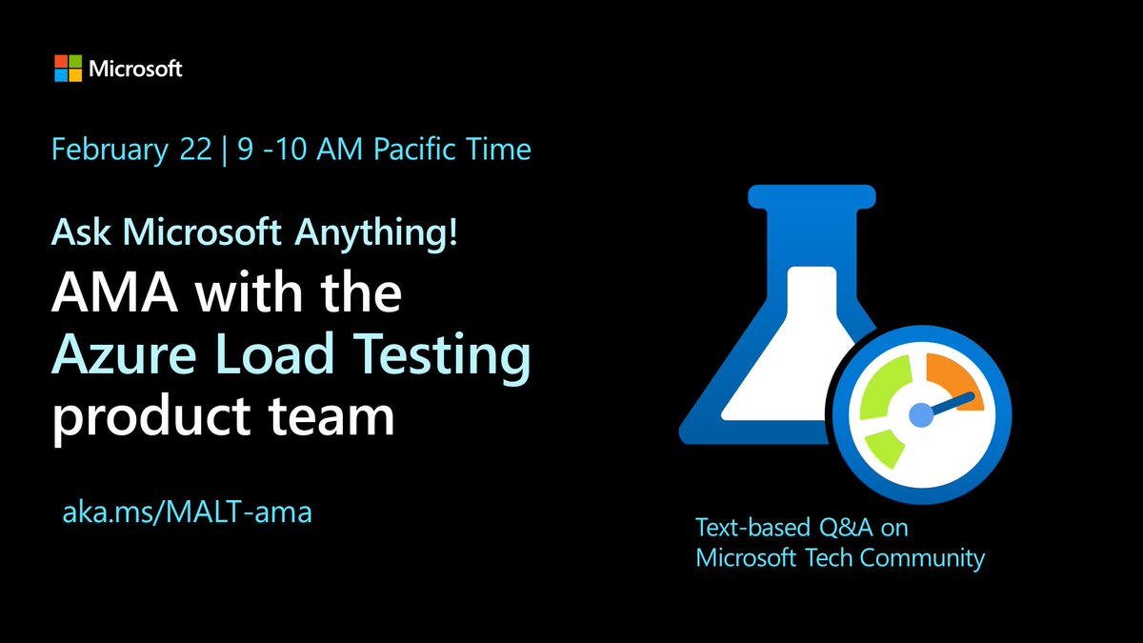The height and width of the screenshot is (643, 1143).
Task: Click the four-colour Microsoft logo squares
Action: pos(68,69)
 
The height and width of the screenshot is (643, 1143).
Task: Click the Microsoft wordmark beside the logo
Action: pos(135,69)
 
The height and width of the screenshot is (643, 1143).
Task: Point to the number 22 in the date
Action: pos(196,150)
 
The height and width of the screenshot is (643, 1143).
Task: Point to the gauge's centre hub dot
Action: pos(920,414)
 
